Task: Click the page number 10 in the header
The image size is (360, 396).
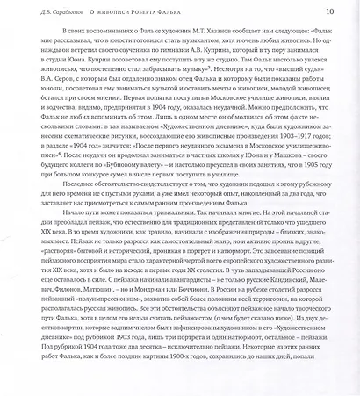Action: [x=329, y=11]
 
